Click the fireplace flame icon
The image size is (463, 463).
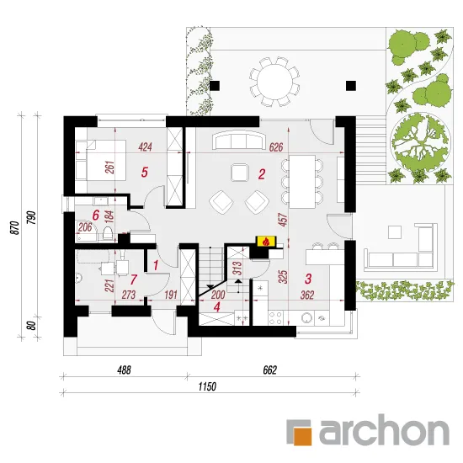pos(266,242)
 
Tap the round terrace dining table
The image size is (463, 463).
pos(274,81)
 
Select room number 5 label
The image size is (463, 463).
pos(145,172)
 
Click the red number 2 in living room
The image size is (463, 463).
pos(262,174)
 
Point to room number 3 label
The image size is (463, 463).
pos(308,279)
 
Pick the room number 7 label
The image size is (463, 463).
pos(134,279)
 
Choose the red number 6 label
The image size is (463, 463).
pos(95,216)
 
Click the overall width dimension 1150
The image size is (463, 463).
pos(207,386)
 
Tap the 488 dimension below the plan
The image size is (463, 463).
pos(124,370)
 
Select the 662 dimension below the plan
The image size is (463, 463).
pos(270,370)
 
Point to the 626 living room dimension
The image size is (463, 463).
pos(276,147)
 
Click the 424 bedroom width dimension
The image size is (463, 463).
pos(145,146)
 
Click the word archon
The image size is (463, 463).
pos(384,430)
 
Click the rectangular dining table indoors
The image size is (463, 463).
pos(301,182)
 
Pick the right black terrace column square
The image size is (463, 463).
pos(351,86)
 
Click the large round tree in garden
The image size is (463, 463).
pos(420,142)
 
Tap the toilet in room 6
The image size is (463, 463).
pos(107,233)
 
